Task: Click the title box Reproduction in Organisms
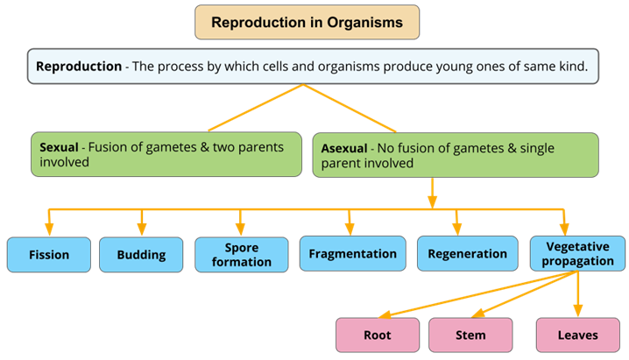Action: coord(307,23)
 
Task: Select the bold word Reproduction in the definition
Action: coord(79,67)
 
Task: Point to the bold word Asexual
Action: coord(343,148)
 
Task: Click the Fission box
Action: coord(48,255)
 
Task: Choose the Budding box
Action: coord(140,255)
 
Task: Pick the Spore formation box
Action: coord(240,254)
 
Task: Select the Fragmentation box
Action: coord(352,254)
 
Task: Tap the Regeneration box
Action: coord(467,254)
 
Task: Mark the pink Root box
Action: coord(377,335)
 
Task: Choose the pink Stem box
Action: coord(470,335)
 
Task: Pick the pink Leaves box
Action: coord(577,335)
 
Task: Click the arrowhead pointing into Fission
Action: coord(48,230)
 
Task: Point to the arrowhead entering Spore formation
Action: coord(240,230)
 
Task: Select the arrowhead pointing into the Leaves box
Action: coord(577,312)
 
